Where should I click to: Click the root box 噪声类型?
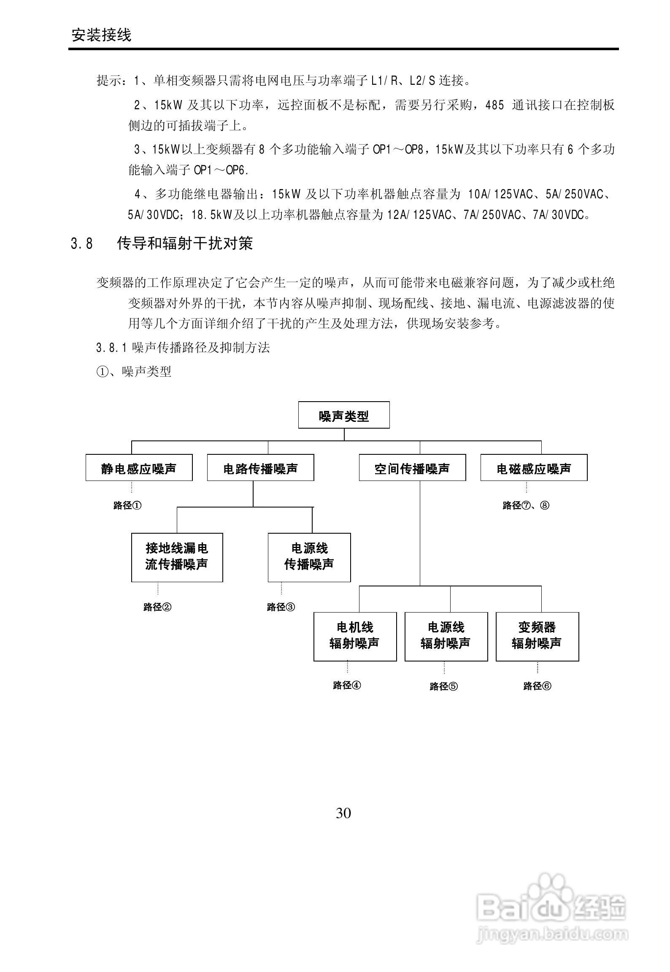tap(343, 416)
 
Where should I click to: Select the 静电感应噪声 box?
tap(139, 468)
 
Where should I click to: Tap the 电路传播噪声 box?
tap(260, 468)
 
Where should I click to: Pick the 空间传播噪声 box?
tap(412, 468)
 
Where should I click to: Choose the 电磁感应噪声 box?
tap(534, 468)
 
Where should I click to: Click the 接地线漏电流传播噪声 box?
tap(177, 557)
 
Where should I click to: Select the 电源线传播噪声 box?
tap(309, 557)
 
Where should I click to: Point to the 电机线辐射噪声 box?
tap(355, 637)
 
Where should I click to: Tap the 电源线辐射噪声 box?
tap(446, 637)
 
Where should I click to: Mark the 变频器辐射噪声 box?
tap(537, 637)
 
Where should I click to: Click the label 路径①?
tap(127, 505)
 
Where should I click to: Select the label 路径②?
tap(157, 607)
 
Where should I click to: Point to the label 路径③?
tap(281, 607)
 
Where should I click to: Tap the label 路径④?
tap(347, 686)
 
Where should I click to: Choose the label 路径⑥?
tap(537, 686)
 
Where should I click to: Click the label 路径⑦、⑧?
tap(526, 505)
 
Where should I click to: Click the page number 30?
tap(343, 813)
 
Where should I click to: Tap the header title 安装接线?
tap(102, 35)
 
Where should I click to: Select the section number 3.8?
tap(82, 244)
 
